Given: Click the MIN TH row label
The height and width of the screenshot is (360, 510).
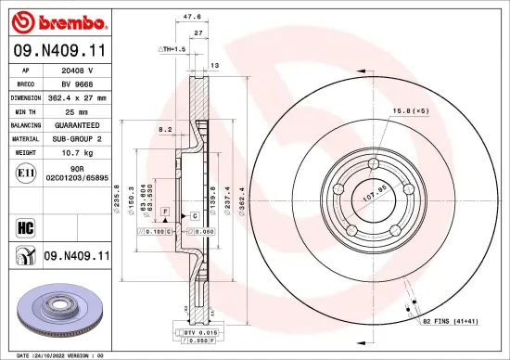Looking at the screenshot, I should coord(23,109).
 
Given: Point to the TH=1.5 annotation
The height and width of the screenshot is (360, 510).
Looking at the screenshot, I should coord(172,47).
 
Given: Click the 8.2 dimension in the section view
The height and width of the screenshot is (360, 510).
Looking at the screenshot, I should coord(165,129).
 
